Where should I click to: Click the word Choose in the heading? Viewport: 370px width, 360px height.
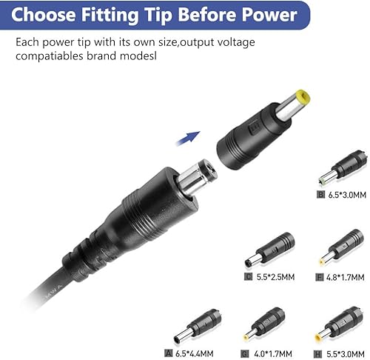[x=44, y=15]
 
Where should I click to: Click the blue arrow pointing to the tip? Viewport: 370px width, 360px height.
[x=188, y=139]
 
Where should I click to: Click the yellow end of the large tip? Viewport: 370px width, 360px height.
[x=303, y=97]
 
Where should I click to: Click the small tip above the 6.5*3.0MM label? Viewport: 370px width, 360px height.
[x=343, y=167]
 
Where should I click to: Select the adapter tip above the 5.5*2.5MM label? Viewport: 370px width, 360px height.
[x=269, y=249]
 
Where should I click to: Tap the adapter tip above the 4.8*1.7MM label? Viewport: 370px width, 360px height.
[x=342, y=247]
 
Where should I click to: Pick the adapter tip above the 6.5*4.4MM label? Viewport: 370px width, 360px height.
[x=198, y=326]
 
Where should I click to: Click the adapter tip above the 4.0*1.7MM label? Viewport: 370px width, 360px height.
[x=264, y=324]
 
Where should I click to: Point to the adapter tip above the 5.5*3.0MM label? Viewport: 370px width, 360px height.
[x=338, y=324]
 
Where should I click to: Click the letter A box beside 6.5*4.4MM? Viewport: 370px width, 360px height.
[x=169, y=353]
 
